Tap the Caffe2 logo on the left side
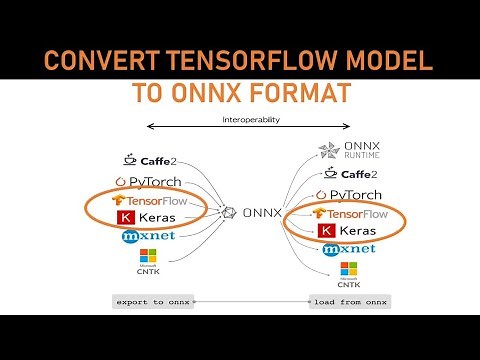(x=148, y=159)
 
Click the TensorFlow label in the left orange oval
(x=155, y=201)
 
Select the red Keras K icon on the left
(x=125, y=218)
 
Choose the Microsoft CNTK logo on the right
(x=348, y=273)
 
